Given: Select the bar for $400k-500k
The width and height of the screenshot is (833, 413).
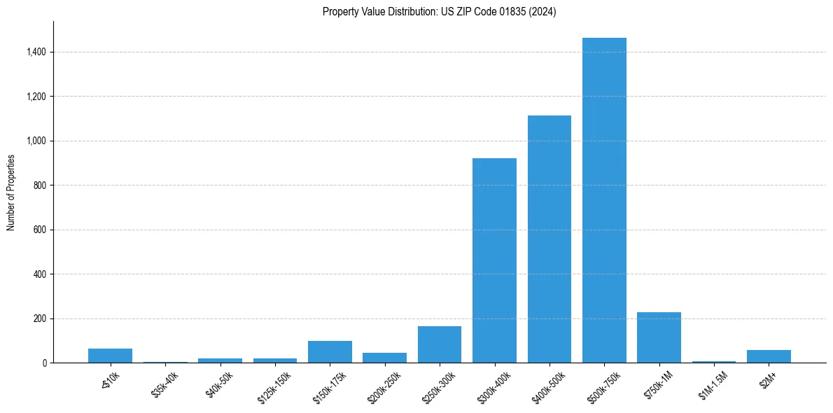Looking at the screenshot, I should point(549,239).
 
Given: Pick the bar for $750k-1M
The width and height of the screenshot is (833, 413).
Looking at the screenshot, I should point(659,337).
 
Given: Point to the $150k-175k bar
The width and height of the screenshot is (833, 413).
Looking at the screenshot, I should point(330,352).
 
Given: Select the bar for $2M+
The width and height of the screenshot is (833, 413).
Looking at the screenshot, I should point(769,356).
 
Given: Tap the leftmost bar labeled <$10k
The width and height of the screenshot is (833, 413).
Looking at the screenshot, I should point(110,356).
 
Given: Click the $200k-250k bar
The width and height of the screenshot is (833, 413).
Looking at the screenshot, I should point(384,358).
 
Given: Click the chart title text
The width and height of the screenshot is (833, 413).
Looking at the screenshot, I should point(440,12).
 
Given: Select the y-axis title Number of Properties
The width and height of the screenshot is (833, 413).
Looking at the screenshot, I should point(11,192).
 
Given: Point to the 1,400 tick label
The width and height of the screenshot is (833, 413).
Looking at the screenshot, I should point(36,52).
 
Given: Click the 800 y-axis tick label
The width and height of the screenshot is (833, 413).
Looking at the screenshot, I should point(39,185).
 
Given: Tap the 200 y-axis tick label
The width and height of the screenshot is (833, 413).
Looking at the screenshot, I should point(39,318).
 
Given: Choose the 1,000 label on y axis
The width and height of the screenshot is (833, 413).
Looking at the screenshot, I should point(36,141).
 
